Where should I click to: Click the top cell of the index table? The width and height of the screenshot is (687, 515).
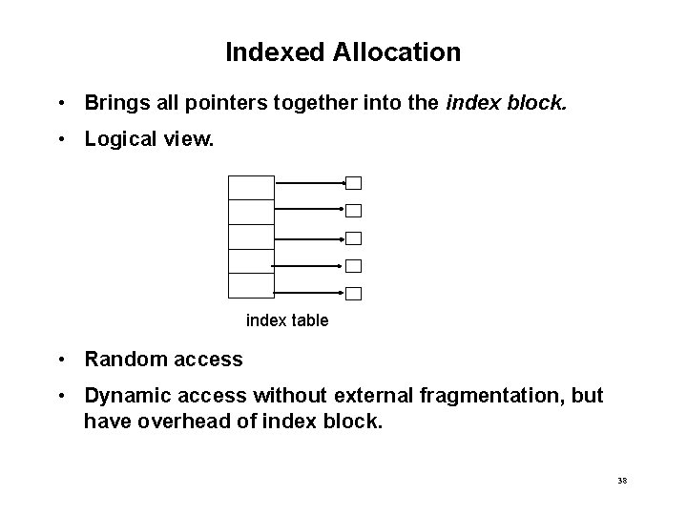[251, 188]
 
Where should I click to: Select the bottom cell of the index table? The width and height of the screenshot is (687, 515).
[251, 285]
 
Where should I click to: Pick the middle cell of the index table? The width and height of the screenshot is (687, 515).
[251, 237]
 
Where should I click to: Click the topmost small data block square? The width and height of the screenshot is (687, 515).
[353, 183]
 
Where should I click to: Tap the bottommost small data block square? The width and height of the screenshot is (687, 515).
[353, 294]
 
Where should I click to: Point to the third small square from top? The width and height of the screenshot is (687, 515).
[353, 238]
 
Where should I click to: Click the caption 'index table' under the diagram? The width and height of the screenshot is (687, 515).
[287, 320]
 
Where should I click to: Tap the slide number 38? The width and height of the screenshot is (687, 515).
[622, 481]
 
